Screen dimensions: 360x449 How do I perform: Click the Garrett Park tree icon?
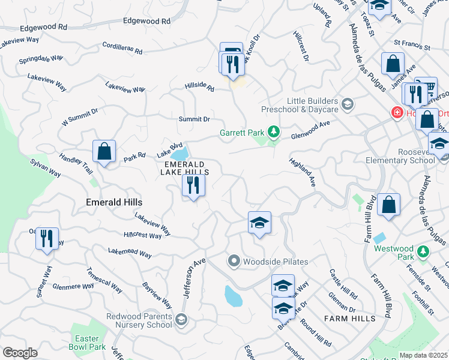coord(274,131)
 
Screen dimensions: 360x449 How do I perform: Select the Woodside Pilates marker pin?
coord(234,262)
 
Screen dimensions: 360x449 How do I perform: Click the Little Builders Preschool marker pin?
coord(346,105)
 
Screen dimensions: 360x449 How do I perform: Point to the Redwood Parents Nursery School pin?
coord(181,320)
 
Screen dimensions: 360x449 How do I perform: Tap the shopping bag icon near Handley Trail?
coord(104,152)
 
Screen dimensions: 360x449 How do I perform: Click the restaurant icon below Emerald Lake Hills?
coord(193,185)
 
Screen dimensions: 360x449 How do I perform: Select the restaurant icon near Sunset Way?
coord(46,238)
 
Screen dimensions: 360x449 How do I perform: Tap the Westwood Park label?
coord(394,248)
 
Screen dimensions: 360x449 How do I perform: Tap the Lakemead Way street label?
coord(130,252)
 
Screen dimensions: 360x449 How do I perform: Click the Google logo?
coord(20,353)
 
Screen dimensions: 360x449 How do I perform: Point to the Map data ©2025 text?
coord(423,355)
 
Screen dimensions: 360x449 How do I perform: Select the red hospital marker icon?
coord(396,112)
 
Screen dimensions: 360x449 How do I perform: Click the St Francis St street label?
coord(412,44)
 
